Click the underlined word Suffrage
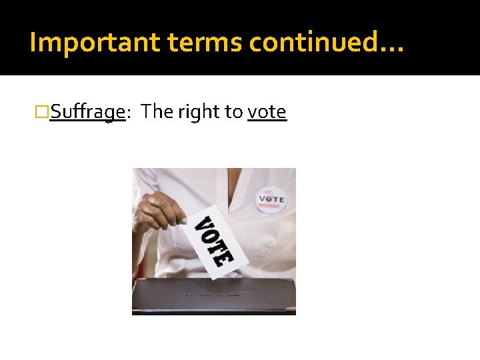pyautogui.click(x=87, y=112)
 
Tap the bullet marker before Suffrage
pyautogui.click(x=42, y=112)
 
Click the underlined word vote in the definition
pyautogui.click(x=267, y=112)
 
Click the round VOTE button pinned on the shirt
pyautogui.click(x=271, y=198)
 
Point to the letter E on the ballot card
pyautogui.click(x=227, y=257)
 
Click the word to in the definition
pyautogui.click(x=233, y=112)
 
